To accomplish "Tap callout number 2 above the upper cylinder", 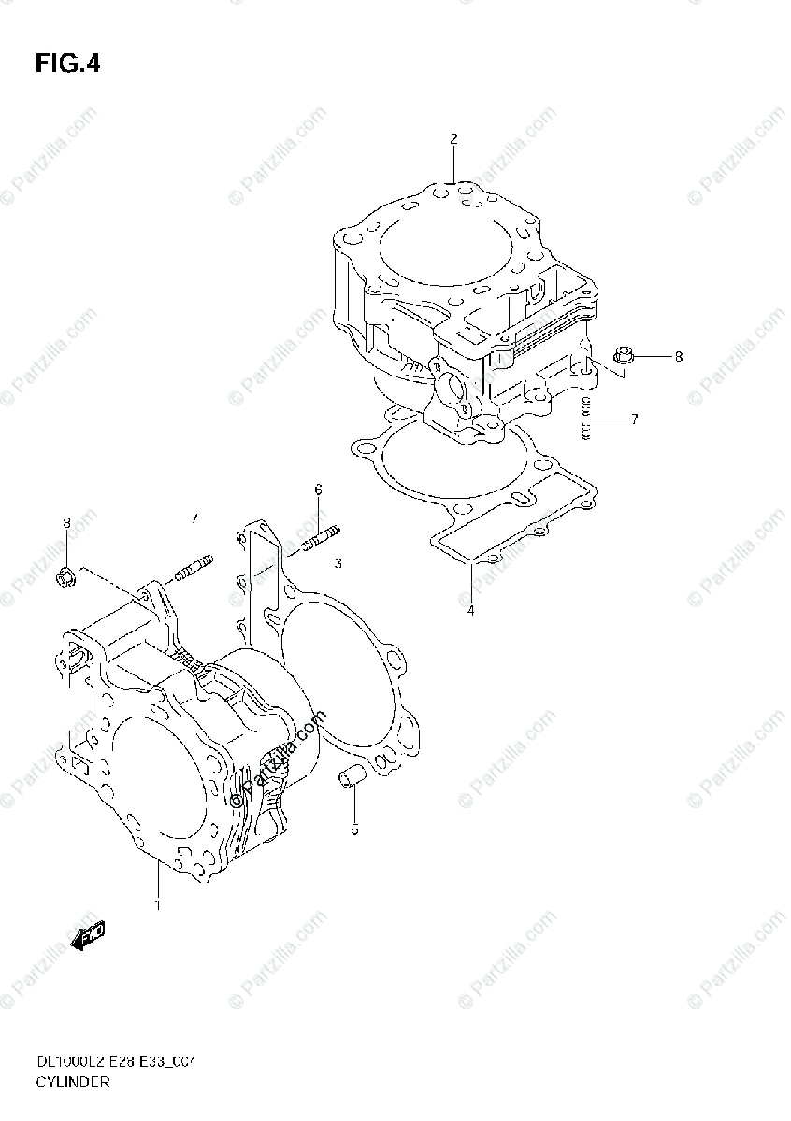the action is pos(453,139).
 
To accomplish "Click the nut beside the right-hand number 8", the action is pos(626,355).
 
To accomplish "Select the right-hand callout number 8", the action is pos(679,357).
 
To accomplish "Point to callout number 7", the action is pos(634,419).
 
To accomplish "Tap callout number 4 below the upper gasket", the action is pos(471,611).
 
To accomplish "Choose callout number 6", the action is pos(318,490).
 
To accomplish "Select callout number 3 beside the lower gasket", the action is pos(338,563).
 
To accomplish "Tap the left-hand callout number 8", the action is pos(67,522).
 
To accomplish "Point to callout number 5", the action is pos(355,829).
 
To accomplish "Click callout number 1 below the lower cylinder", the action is pos(158,904).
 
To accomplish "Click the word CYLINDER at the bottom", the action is pos(74,1083).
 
